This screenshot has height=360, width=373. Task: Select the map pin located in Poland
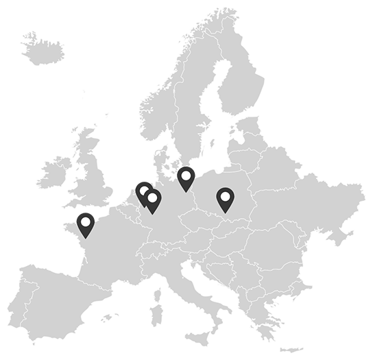pos(225,199)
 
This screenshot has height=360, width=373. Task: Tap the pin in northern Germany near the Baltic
pos(186,177)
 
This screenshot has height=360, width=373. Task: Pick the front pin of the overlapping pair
pos(153,200)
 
